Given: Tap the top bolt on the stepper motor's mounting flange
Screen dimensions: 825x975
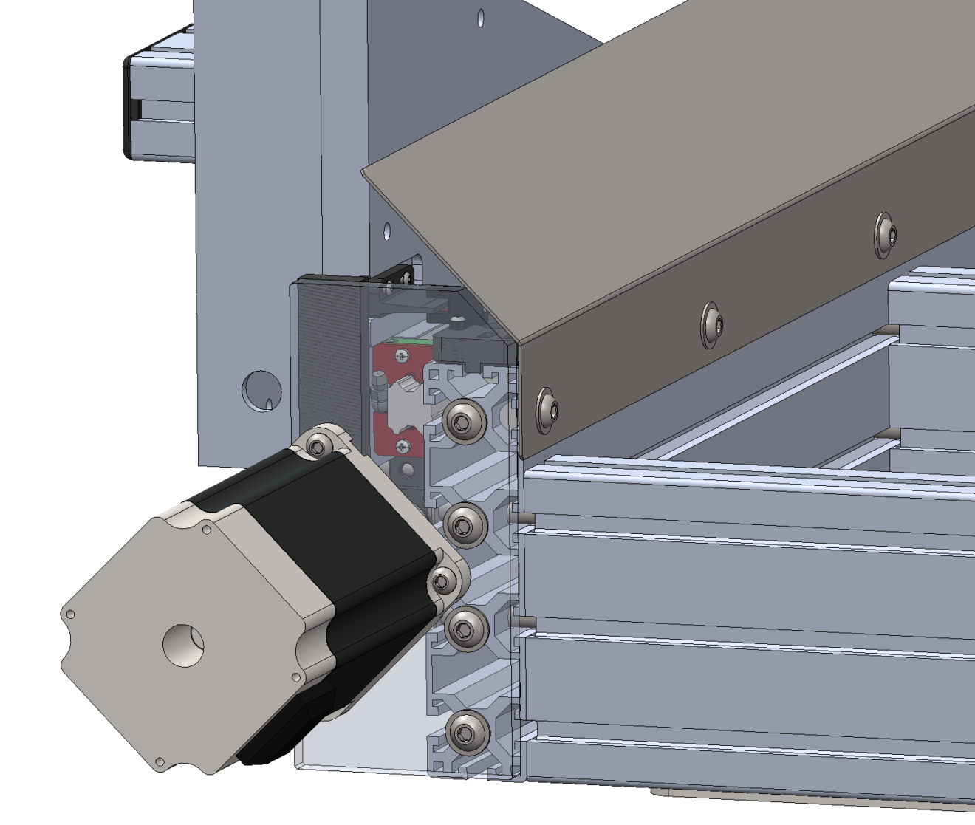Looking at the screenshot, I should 319,445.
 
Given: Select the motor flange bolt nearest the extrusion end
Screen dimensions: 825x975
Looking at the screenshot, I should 444,581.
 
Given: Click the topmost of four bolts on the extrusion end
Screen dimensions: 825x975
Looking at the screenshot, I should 465,422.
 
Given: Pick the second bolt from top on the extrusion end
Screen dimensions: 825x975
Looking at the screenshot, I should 465,524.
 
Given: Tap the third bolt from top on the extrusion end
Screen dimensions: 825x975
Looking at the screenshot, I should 465,629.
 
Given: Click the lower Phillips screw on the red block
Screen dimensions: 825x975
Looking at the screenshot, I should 403,445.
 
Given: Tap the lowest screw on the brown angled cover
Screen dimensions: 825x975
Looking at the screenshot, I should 547,411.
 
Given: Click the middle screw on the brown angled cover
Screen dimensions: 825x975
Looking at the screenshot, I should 712,323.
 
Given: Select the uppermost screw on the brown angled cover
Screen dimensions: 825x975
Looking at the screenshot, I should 886,235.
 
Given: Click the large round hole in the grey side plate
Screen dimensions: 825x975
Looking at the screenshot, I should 261,390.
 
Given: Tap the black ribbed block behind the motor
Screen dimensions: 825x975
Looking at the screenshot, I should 325,355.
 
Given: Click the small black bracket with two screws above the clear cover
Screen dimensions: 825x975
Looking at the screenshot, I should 400,275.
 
